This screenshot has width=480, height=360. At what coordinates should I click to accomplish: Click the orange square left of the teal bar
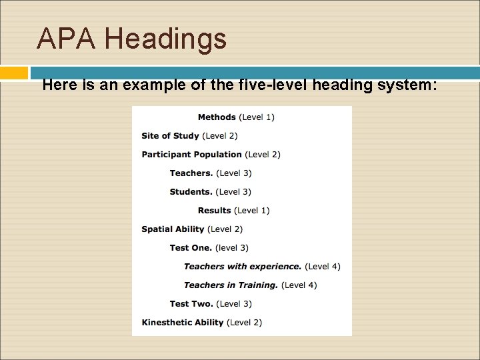tap(14, 72)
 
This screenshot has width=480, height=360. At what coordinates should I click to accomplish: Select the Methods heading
tap(217, 117)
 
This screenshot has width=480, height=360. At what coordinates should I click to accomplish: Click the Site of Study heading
tap(170, 136)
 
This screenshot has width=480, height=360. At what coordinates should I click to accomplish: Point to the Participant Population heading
tap(191, 155)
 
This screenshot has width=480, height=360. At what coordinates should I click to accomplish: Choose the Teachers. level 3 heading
tap(191, 173)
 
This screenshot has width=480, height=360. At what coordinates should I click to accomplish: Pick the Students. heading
tap(191, 192)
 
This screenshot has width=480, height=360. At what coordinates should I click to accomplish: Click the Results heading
tap(214, 211)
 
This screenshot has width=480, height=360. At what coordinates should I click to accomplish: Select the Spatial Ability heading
tap(173, 229)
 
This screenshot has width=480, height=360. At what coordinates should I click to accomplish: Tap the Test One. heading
tap(191, 248)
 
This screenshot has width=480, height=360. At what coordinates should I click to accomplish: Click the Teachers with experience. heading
tap(243, 267)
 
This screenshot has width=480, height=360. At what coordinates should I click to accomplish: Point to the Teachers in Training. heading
tap(231, 285)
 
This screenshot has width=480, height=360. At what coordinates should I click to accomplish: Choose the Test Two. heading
tap(191, 304)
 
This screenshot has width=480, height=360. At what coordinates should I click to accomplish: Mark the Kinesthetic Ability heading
tap(182, 323)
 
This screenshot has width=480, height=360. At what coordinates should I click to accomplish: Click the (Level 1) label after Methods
tap(257, 117)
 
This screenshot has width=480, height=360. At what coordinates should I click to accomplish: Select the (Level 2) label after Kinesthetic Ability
tap(245, 323)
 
